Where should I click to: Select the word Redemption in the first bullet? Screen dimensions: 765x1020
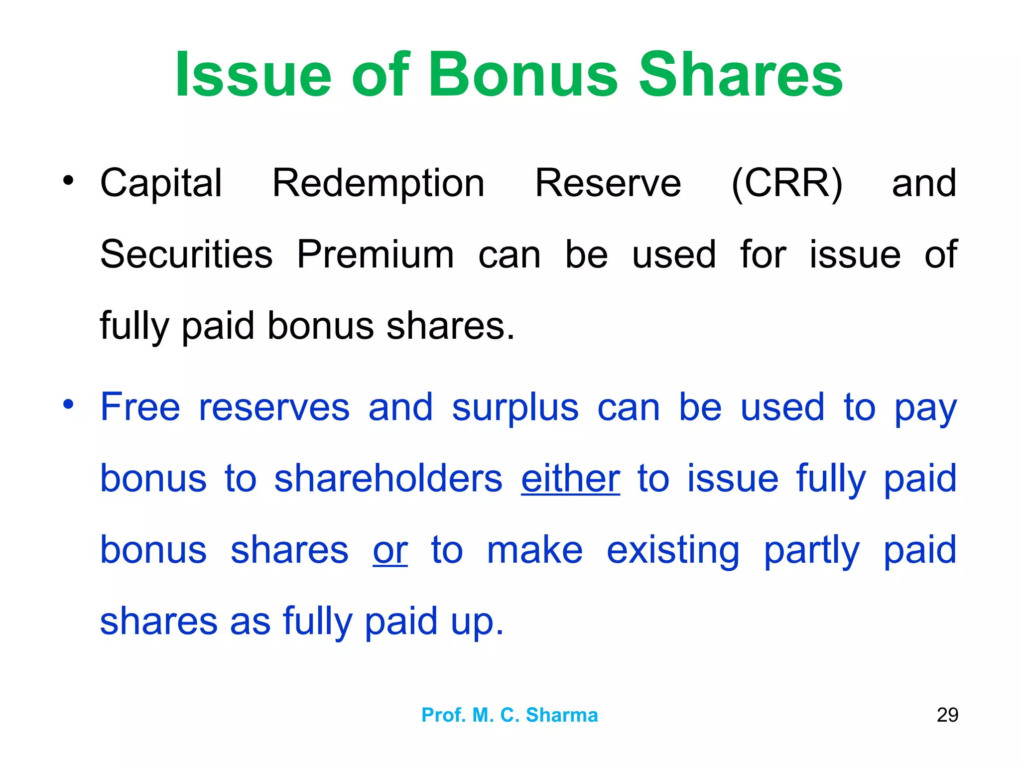coord(378,183)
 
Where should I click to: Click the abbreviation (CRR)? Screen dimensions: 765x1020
coord(786,183)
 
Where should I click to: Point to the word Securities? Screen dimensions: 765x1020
coord(186,255)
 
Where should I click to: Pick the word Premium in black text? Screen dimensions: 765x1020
coord(376,255)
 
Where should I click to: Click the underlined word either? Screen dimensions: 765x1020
coord(570,479)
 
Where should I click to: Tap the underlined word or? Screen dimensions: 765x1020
coord(390,550)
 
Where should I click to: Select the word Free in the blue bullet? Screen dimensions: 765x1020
coord(140,407)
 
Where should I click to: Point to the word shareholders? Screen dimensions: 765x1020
coord(388,479)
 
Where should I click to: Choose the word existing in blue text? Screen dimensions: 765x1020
coord(673,551)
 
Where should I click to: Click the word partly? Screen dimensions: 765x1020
coord(812,551)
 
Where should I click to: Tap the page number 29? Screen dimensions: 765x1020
coord(947,715)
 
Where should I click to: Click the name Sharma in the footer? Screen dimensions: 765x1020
coord(562,715)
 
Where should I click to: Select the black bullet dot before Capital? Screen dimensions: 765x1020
coord(68,180)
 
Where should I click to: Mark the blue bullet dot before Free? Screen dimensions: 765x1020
coord(68,404)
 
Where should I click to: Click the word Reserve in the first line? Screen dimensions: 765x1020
coord(608,183)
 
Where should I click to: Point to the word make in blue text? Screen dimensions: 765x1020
coord(534,550)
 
